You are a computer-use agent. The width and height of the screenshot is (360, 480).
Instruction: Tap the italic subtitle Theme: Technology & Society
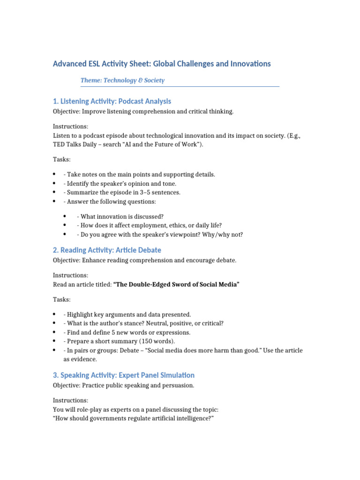click(x=122, y=80)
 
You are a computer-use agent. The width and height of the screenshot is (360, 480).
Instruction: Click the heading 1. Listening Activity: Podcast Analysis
click(x=112, y=101)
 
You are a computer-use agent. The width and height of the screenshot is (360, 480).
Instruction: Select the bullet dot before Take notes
click(x=55, y=174)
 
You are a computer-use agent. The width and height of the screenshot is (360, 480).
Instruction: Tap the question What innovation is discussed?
click(x=120, y=216)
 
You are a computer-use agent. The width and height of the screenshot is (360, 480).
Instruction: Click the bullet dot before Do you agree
click(x=65, y=234)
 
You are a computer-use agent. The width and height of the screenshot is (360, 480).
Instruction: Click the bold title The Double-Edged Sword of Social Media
click(x=176, y=285)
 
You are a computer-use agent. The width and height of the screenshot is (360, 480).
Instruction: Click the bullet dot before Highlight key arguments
click(x=55, y=315)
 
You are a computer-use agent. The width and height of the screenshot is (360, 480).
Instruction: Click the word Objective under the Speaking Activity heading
click(x=66, y=385)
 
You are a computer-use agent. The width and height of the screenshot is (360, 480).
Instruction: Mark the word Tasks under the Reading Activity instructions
click(x=61, y=299)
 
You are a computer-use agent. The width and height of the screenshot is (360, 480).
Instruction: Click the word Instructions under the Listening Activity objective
click(x=70, y=127)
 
